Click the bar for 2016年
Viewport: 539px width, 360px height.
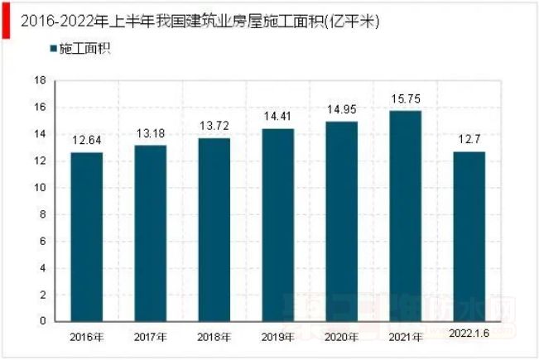86,237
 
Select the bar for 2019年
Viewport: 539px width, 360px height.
277,224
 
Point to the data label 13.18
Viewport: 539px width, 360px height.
150,134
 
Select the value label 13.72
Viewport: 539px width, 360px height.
214,127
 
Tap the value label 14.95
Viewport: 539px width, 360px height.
341,110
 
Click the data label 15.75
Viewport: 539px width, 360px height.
405,99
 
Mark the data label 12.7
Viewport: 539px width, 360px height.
469,140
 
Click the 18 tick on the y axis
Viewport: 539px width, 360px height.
39,81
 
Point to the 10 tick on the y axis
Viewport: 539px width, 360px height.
39,188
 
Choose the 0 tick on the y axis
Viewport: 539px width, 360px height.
41,321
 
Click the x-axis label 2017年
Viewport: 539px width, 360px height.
150,338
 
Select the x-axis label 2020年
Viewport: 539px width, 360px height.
341,338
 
